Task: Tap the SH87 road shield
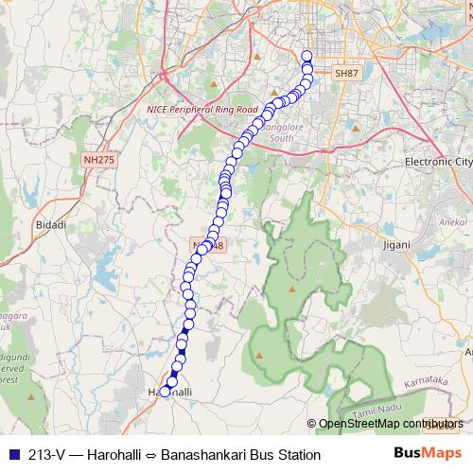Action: tap(347, 73)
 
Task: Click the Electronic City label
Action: tap(437, 162)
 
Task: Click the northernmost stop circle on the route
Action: tap(307, 56)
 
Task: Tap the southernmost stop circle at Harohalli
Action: tap(165, 391)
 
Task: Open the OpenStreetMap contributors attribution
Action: tap(390, 424)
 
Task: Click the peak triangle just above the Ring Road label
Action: tap(215, 85)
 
